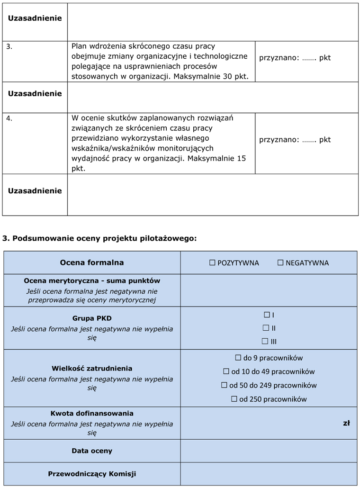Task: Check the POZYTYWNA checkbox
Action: pyautogui.click(x=213, y=262)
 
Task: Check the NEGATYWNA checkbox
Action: pyautogui.click(x=280, y=262)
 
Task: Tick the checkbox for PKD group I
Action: pyautogui.click(x=267, y=315)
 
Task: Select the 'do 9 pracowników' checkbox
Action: pyautogui.click(x=238, y=358)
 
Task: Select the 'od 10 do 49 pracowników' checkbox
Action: pyautogui.click(x=226, y=371)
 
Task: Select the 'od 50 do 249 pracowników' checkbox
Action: pyautogui.click(x=225, y=385)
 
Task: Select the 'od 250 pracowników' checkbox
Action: pyautogui.click(x=234, y=399)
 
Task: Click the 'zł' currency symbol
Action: pyautogui.click(x=346, y=423)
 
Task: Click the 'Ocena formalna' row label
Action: pyautogui.click(x=92, y=262)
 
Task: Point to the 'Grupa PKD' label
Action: pyautogui.click(x=92, y=318)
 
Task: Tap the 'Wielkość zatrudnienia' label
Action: pyautogui.click(x=92, y=368)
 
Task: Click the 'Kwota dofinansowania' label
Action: pyautogui.click(x=92, y=413)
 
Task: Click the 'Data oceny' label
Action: pyautogui.click(x=92, y=451)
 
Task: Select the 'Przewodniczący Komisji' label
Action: pyautogui.click(x=92, y=473)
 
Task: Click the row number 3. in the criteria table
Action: pyautogui.click(x=9, y=46)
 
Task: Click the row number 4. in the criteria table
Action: pyautogui.click(x=9, y=118)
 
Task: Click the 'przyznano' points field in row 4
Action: pyautogui.click(x=295, y=140)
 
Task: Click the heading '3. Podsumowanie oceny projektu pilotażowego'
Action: pyautogui.click(x=99, y=238)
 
